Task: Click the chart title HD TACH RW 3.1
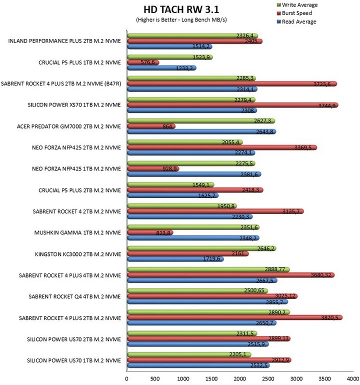(181, 9)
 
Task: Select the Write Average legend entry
(297, 5)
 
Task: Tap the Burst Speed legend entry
(294, 13)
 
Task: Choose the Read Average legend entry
(296, 21)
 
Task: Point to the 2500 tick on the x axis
(268, 378)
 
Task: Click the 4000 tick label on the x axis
(353, 378)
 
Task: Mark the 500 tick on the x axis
(154, 378)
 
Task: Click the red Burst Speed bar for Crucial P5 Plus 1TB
(143, 62)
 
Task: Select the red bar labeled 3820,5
(234, 317)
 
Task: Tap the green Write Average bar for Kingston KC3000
(201, 248)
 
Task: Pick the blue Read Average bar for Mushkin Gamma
(193, 238)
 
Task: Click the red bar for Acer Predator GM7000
(151, 126)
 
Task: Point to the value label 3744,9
(326, 106)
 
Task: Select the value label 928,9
(169, 169)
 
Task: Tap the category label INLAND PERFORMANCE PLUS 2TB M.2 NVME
(64, 41)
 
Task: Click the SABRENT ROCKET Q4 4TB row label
(74, 296)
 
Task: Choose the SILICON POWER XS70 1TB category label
(74, 105)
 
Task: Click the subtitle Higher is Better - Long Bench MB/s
(181, 20)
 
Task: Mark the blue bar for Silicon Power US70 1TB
(198, 365)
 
